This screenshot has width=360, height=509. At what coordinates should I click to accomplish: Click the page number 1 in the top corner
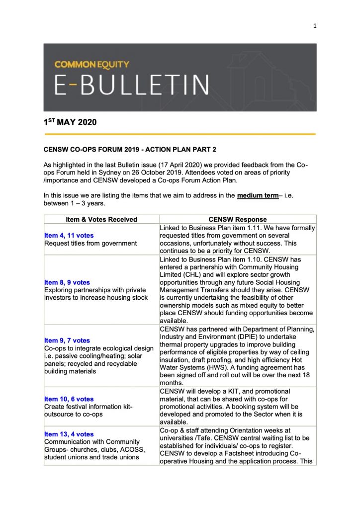pos(315,26)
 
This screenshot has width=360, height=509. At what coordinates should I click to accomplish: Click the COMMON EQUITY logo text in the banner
pos(91,64)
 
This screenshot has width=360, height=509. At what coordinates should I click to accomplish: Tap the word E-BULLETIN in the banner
pos(131,85)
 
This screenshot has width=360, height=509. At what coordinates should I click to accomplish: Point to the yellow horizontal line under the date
pos(180,134)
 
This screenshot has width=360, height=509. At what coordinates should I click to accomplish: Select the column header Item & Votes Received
pos(101,219)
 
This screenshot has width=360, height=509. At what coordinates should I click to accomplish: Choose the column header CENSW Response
pos(238,219)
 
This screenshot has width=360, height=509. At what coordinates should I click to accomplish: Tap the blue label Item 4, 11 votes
pos(69,235)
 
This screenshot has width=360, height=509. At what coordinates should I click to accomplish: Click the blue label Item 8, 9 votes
pos(67,282)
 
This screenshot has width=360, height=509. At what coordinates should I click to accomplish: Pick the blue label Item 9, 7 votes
pos(67,340)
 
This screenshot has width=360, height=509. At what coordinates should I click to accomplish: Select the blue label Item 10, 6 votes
pos(69,399)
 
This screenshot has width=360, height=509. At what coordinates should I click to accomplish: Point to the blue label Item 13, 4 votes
pos(69,434)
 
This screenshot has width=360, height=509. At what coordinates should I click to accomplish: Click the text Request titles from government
pos(90,243)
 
